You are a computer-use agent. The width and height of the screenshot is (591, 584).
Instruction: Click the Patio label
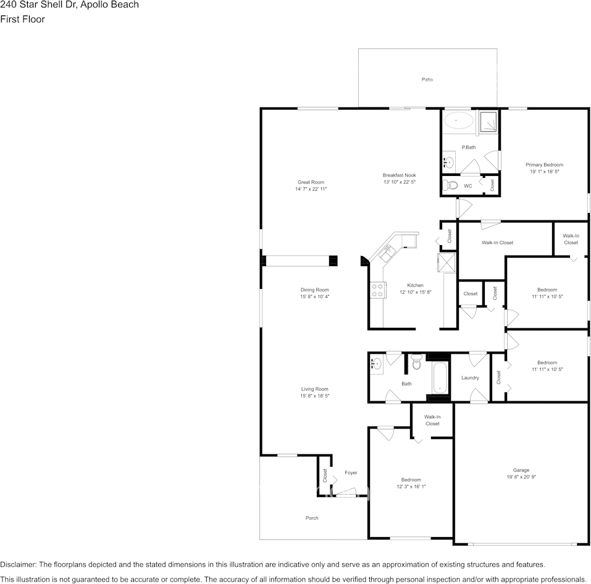tap(427, 80)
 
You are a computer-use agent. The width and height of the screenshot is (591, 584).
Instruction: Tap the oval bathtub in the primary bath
tap(458, 121)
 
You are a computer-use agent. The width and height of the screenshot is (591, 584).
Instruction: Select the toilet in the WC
tap(451, 185)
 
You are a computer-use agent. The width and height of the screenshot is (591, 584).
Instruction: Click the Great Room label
tap(311, 182)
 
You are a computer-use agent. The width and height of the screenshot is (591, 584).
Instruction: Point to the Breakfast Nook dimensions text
tap(399, 183)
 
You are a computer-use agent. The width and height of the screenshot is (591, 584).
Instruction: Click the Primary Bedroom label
tap(544, 165)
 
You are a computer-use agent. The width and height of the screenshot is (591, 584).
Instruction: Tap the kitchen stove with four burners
tap(377, 290)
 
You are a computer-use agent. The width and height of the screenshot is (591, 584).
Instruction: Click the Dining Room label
tap(314, 290)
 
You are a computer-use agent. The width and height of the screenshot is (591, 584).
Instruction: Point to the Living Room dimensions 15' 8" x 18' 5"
tap(314, 396)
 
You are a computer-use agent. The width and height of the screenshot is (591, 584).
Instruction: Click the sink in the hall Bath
tap(375, 365)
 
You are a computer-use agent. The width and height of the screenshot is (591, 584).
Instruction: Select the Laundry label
tap(470, 378)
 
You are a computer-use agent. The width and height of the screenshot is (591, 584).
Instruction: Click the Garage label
tap(521, 470)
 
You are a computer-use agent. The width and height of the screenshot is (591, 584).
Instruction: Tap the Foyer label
tap(351, 473)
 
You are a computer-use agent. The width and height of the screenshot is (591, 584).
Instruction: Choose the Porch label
tap(312, 518)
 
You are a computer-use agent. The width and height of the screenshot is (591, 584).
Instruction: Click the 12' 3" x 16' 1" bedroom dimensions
tap(411, 486)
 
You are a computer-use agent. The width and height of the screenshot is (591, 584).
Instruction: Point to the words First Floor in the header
tap(22, 19)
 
